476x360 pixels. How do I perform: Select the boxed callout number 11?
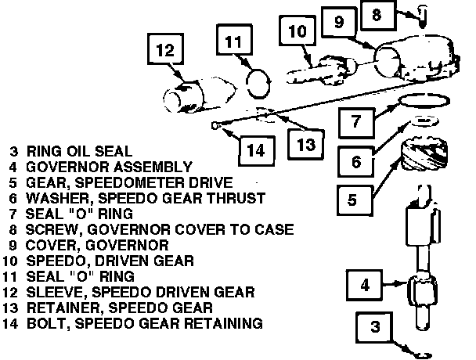coord(234,41)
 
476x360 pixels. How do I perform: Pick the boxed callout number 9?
coord(339,23)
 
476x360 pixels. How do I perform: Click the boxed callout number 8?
coord(377,15)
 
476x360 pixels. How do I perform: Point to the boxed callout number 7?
coord(355,121)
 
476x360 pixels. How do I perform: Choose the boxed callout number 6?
coord(355,162)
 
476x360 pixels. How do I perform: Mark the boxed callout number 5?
coord(352,200)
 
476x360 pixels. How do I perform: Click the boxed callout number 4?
coord(363,285)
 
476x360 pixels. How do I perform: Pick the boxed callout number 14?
coord(251,149)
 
